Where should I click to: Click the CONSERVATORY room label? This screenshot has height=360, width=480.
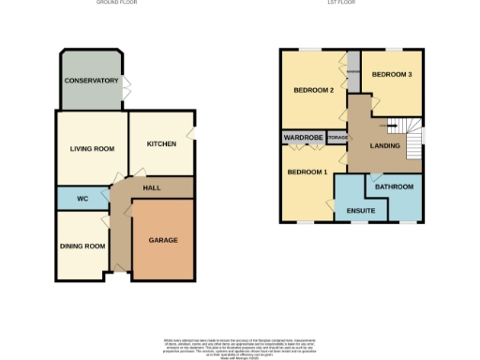(91, 81)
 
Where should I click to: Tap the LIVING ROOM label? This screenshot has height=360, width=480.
(92, 149)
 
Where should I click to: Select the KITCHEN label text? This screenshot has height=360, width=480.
(161, 143)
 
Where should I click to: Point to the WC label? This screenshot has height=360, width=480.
(82, 199)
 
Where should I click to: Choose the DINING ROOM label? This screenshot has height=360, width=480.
(81, 246)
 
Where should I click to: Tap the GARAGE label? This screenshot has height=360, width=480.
(162, 240)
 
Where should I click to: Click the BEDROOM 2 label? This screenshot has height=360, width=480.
(314, 90)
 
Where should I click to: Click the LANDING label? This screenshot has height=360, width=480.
(385, 146)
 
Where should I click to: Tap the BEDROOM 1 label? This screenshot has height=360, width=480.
(307, 172)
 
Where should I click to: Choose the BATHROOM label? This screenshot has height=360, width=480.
(395, 187)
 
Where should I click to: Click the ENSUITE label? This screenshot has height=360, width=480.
(361, 211)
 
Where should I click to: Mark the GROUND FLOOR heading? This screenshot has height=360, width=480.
(116, 3)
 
